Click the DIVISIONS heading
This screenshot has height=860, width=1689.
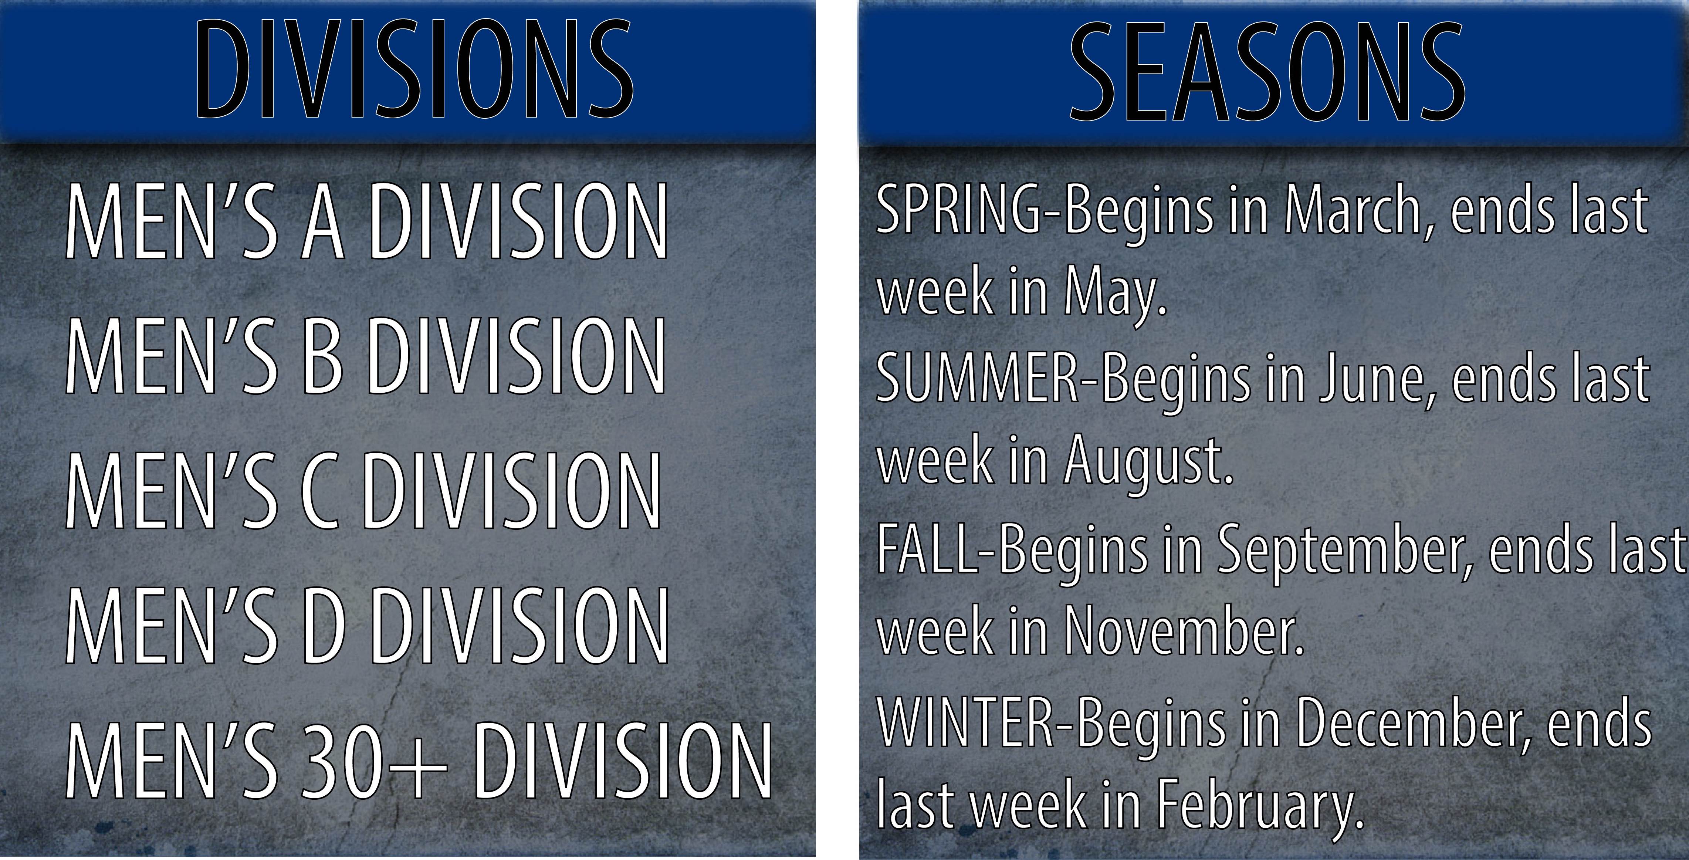[x=414, y=70]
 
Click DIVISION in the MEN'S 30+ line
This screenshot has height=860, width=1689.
[x=623, y=762]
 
